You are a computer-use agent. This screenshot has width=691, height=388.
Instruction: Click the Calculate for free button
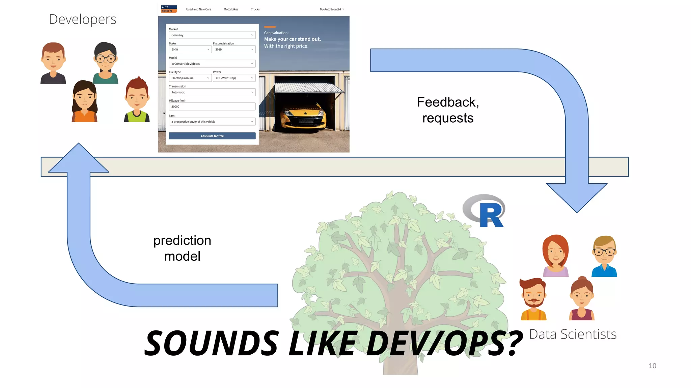pos(212,136)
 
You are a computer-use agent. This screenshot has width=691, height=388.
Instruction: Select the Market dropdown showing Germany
pos(212,35)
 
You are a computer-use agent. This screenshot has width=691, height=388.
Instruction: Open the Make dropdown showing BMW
pos(190,50)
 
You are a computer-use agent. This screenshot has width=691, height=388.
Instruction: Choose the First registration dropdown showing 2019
pos(234,50)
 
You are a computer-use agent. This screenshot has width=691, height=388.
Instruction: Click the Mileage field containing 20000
pos(212,106)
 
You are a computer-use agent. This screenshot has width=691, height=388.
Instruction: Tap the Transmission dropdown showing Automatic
pos(212,92)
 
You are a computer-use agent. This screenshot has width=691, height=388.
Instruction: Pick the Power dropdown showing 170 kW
pos(234,78)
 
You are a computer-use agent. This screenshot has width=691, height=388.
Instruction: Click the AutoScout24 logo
pos(169,9)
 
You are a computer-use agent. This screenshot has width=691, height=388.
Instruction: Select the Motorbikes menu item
pos(231,9)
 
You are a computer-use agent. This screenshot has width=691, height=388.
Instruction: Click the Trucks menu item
pos(255,9)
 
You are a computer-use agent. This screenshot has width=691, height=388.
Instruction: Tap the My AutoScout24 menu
pos(332,9)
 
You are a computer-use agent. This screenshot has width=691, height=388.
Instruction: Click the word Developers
pos(83,20)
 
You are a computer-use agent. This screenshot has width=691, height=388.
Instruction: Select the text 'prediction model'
pos(182,248)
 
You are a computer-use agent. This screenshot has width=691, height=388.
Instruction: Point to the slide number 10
pos(652,366)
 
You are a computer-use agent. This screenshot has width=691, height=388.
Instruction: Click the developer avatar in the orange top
pos(84,101)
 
